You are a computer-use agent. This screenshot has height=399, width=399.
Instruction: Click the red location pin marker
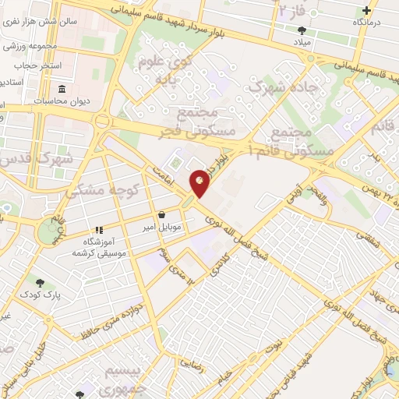(200, 182)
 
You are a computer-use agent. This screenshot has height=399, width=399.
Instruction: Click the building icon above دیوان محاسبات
(41, 101)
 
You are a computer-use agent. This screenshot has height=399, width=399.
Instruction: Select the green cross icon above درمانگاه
(367, 11)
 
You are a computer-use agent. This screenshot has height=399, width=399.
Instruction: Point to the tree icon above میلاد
(302, 30)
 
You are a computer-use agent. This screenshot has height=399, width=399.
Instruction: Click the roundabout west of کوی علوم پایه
(101, 122)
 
